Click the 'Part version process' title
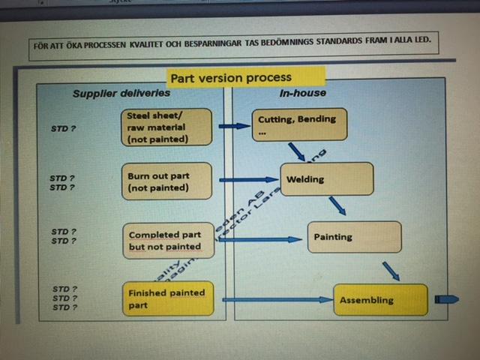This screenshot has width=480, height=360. pyautogui.click(x=230, y=77)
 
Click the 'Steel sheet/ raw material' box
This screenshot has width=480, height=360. pyautogui.click(x=166, y=126)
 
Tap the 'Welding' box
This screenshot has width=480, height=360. pyautogui.click(x=326, y=180)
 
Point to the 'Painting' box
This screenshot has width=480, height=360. pyautogui.click(x=354, y=237)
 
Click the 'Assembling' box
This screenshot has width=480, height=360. pyautogui.click(x=380, y=299)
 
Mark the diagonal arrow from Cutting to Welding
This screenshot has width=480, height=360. pyautogui.click(x=297, y=151)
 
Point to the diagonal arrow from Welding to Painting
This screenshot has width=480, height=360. pyautogui.click(x=337, y=205)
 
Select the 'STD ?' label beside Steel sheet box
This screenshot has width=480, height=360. pyautogui.click(x=63, y=127)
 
